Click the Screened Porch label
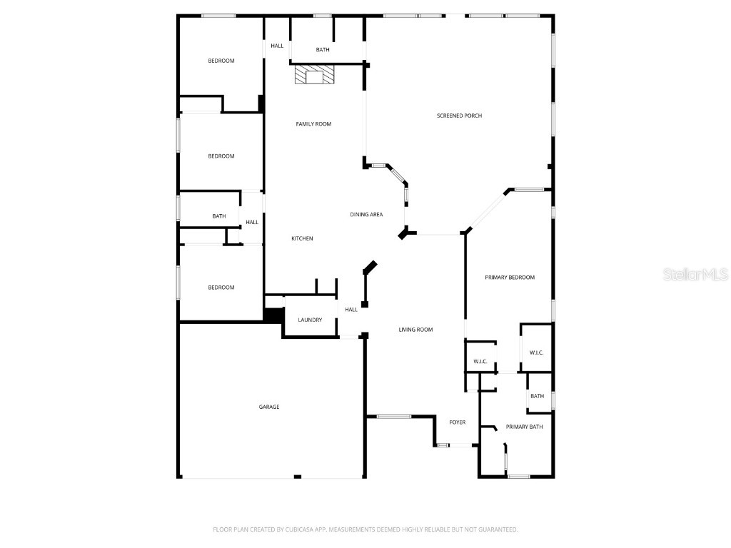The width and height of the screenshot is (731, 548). point(459,116)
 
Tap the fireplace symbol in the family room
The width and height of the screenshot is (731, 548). point(315,75)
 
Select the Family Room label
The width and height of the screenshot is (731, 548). point(313,124)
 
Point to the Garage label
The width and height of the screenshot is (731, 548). point(269,407)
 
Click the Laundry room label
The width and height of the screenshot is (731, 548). point(310,320)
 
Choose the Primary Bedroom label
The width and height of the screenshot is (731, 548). point(510,278)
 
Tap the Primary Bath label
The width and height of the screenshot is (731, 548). point(525,427)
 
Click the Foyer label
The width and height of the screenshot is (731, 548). point(458,422)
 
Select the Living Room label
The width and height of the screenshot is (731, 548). point(416,330)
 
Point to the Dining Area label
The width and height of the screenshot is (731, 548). point(366,215)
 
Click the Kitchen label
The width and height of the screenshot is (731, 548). point(302,238)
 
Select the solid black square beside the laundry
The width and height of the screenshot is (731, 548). point(273,315)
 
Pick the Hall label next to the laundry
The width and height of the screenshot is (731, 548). point(351,310)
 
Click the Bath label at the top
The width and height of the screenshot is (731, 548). point(323,50)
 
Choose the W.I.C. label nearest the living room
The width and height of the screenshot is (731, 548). point(480,362)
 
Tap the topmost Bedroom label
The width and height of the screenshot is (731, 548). point(221,61)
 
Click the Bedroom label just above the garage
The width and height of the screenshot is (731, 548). point(221,288)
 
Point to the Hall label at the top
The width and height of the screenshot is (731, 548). point(277,46)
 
